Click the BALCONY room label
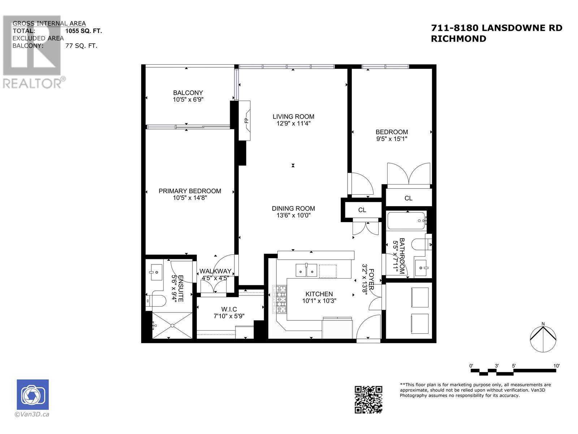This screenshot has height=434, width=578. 188,93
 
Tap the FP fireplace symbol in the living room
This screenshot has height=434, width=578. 246,120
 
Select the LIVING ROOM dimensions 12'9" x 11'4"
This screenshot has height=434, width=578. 293,123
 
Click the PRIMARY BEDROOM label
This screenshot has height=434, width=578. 190,191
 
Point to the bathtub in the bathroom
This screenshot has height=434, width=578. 406,220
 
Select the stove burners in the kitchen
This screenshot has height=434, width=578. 280,299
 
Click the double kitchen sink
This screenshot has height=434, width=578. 306,270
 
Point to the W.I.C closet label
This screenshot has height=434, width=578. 229,309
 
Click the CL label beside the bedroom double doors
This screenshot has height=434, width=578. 408,198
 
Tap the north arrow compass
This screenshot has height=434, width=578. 543,339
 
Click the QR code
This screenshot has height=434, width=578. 368,399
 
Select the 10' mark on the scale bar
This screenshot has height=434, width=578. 556,366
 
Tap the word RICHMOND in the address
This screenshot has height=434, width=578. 458,39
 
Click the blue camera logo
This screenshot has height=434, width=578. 33,395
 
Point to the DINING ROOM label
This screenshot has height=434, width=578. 293,208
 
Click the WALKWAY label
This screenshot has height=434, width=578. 215,271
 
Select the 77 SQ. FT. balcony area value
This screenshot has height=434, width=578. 81,46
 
